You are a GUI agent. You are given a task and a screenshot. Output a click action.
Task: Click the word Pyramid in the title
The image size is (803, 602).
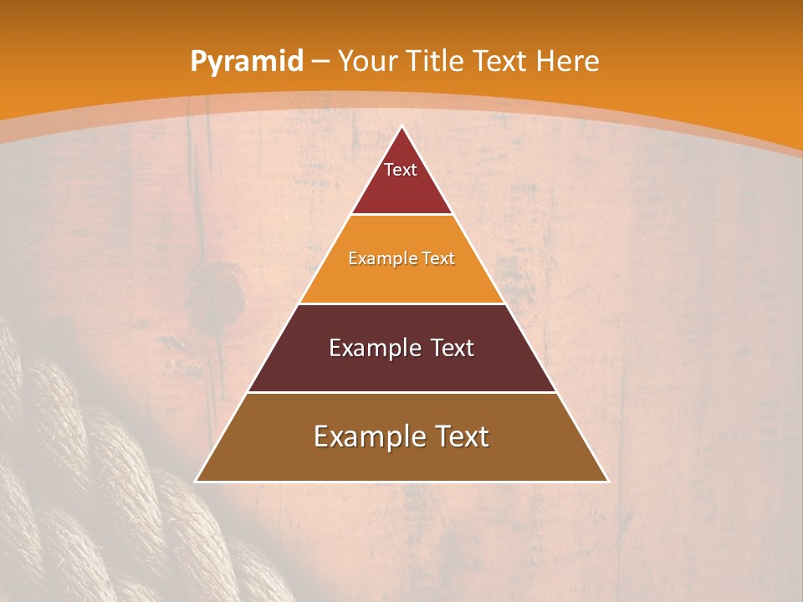247,61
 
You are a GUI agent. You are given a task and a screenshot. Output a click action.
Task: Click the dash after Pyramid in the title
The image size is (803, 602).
319,62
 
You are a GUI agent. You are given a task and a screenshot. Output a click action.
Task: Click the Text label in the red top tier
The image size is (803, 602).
401,170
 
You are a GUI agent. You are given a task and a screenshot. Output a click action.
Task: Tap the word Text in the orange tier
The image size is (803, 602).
439,258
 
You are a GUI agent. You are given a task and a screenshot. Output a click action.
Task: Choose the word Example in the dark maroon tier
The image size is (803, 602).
369,348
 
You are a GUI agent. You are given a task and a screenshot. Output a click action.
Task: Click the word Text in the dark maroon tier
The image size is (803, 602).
453,348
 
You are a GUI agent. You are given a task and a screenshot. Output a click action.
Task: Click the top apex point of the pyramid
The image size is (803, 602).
402,127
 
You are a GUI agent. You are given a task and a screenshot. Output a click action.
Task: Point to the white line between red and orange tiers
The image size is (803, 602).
401,215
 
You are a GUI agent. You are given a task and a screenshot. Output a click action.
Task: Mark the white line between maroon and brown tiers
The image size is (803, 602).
401,392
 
